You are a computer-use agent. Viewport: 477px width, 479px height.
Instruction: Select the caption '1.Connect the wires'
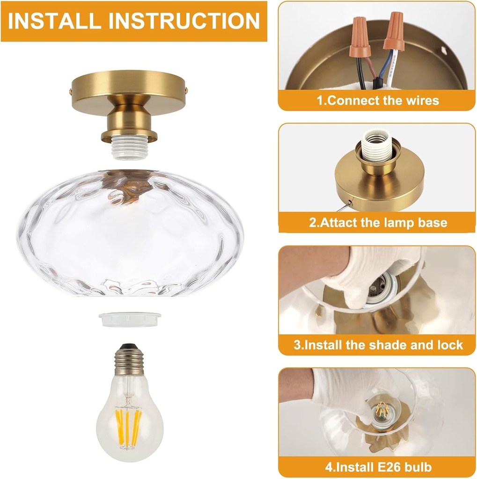(x=377, y=100)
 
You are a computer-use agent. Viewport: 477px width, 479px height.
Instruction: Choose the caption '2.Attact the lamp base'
(x=377, y=222)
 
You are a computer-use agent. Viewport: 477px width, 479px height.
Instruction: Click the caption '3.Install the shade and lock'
(x=377, y=345)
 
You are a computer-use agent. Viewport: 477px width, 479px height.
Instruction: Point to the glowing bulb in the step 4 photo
(x=383, y=409)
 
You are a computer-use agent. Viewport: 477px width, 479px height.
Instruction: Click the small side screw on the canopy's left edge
(x=72, y=87)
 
